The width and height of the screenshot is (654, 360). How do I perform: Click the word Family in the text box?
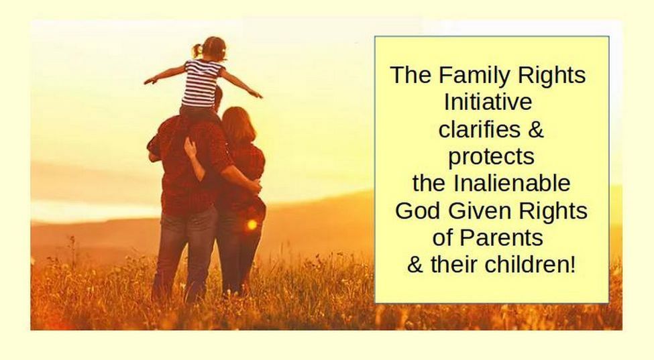click(474, 75)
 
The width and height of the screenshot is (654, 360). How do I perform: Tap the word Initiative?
click(488, 102)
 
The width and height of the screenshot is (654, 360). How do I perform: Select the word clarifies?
click(479, 129)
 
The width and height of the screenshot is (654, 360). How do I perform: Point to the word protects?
click(491, 157)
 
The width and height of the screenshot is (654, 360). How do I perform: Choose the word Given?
click(477, 211)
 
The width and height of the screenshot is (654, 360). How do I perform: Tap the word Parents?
click(501, 237)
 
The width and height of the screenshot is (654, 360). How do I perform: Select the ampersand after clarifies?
click(535, 129)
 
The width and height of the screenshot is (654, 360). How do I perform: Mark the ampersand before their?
click(415, 264)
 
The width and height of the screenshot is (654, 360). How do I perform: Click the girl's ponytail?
click(197, 50)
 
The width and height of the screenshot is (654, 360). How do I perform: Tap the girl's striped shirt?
click(202, 83)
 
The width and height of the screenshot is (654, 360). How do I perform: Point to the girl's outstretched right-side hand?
click(256, 95)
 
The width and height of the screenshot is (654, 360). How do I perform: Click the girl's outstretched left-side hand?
click(150, 81)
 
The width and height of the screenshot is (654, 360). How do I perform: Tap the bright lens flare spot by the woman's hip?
click(252, 225)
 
